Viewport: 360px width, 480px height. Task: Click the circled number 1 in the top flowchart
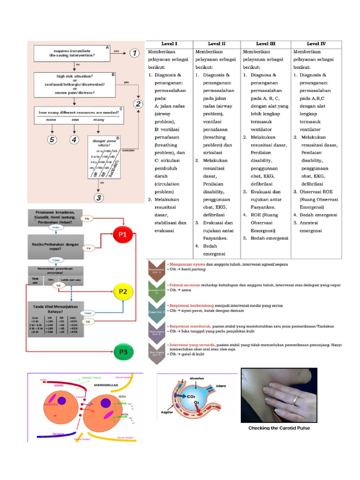134,53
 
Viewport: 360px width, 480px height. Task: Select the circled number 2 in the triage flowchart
137,104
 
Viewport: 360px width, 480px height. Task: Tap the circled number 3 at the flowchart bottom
98,197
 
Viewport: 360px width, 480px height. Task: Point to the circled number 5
52,139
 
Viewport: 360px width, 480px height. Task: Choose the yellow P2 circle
123,291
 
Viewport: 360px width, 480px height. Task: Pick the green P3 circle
123,350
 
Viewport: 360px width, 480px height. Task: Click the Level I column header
169,44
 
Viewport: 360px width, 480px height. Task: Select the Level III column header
265,44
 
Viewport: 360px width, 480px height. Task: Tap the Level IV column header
316,44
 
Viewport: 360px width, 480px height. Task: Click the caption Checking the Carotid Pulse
279,428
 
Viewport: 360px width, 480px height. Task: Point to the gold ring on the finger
295,400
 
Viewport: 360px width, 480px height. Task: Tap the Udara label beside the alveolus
221,386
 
